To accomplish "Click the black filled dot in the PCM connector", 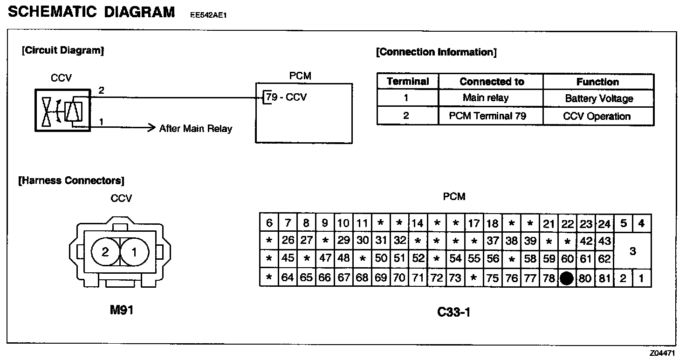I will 567,278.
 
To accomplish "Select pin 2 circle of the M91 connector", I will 105,252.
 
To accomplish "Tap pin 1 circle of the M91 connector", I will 135,252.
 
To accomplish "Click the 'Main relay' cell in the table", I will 486,98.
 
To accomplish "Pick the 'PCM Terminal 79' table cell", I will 487,116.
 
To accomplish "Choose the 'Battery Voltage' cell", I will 599,98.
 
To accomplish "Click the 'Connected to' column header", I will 492,82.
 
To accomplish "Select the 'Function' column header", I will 597,82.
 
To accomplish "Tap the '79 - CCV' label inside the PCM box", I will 286,97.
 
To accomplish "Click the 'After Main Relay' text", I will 196,129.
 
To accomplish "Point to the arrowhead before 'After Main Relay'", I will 151,127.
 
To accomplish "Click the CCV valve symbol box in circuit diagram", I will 62,111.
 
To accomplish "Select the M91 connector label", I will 122,310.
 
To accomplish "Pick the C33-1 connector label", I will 454,312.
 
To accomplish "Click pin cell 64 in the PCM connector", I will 288,278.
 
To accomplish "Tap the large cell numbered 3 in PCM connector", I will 632,251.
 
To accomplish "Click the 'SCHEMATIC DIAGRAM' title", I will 91,12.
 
